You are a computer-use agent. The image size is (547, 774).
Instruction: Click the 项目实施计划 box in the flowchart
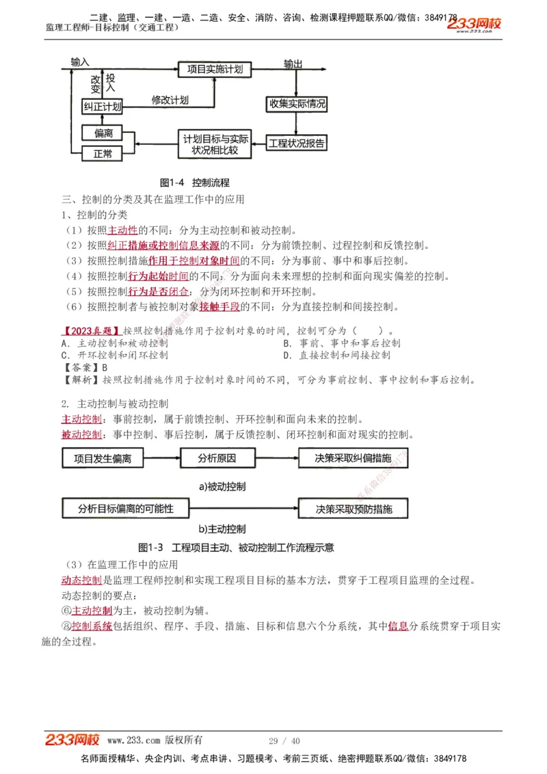[x=215, y=70]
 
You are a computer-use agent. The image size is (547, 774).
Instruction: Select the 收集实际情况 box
[x=297, y=105]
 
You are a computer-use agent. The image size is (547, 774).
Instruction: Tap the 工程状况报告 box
[x=297, y=144]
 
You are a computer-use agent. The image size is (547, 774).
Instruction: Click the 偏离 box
[x=103, y=133]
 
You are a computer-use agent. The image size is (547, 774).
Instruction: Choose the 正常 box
[x=103, y=154]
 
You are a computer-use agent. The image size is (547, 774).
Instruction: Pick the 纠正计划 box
[x=103, y=107]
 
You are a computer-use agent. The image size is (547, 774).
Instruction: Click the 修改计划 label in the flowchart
[x=170, y=100]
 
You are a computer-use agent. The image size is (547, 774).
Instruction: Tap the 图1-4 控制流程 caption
[x=194, y=183]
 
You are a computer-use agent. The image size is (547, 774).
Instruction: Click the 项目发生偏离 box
[x=103, y=458]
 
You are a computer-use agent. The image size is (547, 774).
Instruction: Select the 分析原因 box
[x=217, y=458]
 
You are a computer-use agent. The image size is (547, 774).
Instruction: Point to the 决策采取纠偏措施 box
[x=353, y=458]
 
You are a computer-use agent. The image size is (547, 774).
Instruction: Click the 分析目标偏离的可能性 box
[x=125, y=509]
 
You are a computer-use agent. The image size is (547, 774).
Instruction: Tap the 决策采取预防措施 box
[x=353, y=509]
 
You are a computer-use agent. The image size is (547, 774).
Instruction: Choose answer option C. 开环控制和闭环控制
[x=115, y=356]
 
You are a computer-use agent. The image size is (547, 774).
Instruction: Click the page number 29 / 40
[x=284, y=740]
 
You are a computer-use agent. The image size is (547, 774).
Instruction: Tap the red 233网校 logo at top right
[x=475, y=24]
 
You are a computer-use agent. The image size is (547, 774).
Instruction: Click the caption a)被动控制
[x=222, y=487]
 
